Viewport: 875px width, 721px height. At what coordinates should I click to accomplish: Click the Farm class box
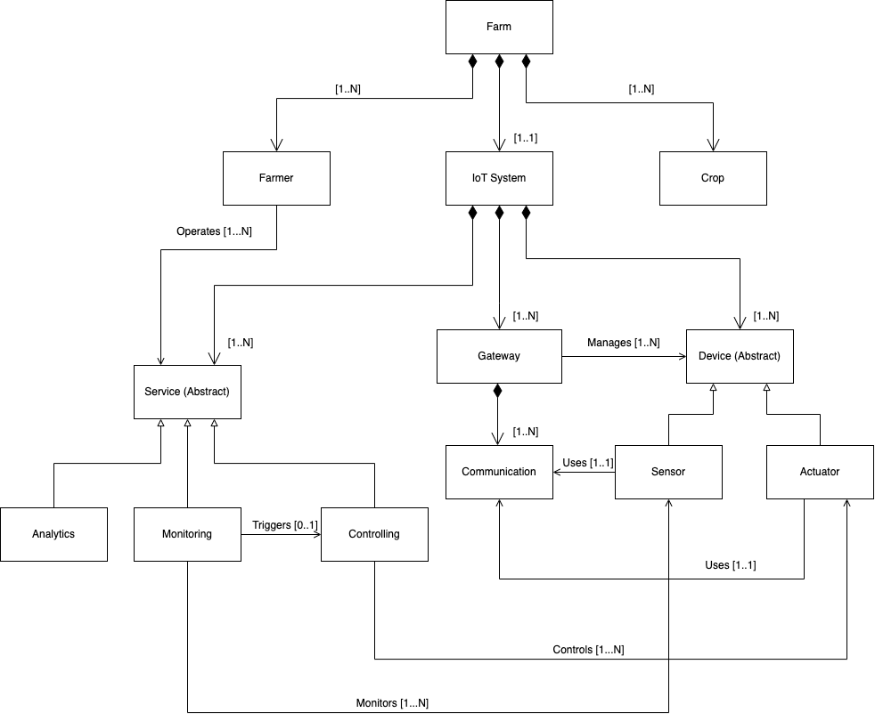coord(499,27)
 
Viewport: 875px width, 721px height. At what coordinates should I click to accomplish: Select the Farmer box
coord(276,178)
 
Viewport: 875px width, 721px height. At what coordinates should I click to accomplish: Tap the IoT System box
coord(499,178)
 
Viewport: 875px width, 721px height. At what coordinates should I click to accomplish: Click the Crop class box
coord(713,178)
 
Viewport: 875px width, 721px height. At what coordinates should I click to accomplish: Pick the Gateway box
coord(499,356)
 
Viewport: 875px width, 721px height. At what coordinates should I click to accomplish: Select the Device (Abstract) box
coord(740,356)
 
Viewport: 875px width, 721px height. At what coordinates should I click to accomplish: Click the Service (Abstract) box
coord(187,392)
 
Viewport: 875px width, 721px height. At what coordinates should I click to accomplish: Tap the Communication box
coord(499,472)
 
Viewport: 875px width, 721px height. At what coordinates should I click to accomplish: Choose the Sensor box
coord(668,472)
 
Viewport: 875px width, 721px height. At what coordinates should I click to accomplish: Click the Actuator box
coord(820,472)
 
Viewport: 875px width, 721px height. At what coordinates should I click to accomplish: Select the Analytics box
coord(53,534)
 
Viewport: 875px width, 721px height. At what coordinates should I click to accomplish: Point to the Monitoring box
coord(187,534)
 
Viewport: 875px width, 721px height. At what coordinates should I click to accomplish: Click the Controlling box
coord(374,534)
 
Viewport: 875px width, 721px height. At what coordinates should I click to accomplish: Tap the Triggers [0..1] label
coord(285,525)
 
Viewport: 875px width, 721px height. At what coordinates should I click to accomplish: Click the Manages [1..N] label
coord(624,343)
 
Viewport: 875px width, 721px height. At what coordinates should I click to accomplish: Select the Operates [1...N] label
coord(214,231)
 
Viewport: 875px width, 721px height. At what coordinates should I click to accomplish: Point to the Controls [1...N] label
coord(588,649)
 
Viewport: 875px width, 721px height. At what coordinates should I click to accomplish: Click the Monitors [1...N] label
coord(392,702)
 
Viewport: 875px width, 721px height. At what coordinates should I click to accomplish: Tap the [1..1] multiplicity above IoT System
coord(525,138)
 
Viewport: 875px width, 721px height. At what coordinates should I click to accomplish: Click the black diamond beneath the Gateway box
coord(499,392)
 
